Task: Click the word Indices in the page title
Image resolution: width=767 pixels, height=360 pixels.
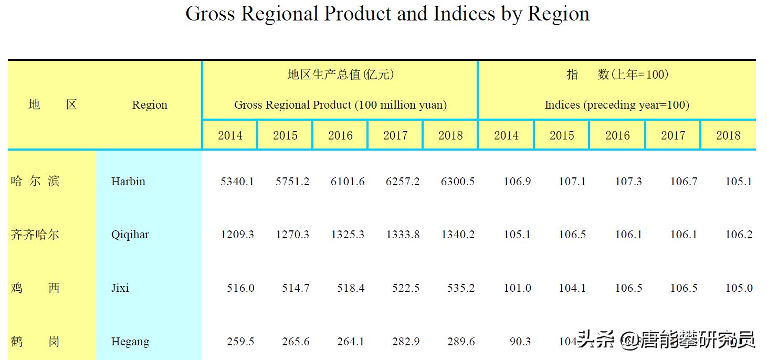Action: [464, 14]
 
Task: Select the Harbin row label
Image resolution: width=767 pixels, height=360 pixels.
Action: [128, 182]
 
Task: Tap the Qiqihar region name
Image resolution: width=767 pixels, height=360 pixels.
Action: [130, 235]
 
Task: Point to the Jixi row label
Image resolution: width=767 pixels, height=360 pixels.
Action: [120, 288]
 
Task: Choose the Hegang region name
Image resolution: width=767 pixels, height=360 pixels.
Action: [130, 342]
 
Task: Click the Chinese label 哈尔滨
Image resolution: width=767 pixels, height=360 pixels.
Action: [35, 182]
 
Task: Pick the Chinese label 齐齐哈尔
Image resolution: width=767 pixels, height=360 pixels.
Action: [35, 235]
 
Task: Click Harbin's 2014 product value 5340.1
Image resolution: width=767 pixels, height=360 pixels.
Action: [237, 182]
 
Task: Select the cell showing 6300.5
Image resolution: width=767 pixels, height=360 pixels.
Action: [458, 182]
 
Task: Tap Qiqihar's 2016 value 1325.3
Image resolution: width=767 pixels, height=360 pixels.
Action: [348, 235]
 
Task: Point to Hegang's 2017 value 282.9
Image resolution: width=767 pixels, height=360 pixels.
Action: [406, 342]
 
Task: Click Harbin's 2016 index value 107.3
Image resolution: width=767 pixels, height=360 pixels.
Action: [628, 182]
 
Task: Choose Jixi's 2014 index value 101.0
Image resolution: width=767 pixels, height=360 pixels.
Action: [518, 288]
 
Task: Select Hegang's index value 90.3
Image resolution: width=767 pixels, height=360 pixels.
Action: [520, 342]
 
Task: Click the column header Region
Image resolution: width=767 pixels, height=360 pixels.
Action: [150, 105]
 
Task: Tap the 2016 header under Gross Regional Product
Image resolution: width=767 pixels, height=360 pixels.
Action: [340, 135]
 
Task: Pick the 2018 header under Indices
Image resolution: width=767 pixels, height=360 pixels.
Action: [728, 135]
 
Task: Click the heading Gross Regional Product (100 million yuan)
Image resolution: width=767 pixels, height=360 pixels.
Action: [340, 105]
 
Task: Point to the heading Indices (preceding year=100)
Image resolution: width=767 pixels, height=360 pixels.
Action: [617, 105]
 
